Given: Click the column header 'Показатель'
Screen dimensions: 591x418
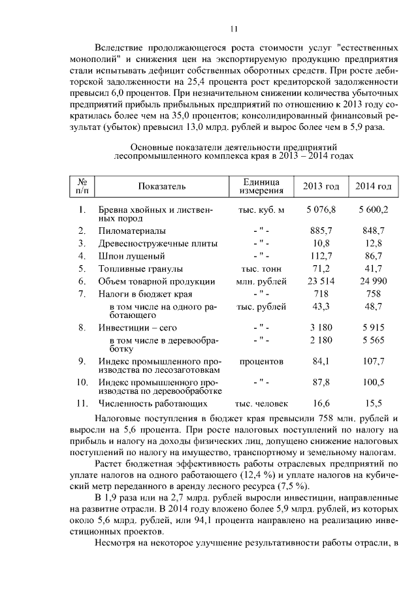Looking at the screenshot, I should coord(161,187).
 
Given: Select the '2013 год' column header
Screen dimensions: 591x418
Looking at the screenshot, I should coord(321,187).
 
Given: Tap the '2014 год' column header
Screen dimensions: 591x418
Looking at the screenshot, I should coord(373,187).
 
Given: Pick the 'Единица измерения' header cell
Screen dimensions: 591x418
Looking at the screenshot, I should coord(261,187).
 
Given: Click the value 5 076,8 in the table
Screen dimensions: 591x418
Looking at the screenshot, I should coord(320,210).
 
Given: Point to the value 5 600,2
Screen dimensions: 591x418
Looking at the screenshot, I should coord(373,210).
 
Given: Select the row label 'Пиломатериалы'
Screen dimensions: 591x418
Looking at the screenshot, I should coord(132,231).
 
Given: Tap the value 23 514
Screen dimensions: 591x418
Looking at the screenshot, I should coord(320,281).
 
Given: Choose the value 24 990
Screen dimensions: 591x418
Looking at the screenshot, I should coord(373,281).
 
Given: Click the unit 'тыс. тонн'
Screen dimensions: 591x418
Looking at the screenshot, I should coord(261,269).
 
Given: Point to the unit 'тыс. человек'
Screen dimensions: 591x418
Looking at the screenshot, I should coord(261,404).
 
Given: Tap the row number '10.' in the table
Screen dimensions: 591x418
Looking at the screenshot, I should coord(82,381).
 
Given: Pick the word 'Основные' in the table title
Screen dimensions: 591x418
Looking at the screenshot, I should coord(152,148).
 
